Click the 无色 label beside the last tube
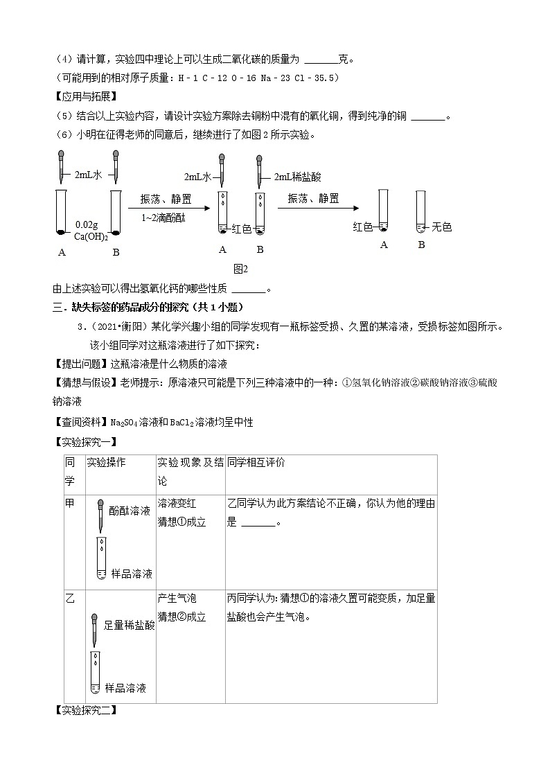point(442,227)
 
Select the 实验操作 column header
point(106,462)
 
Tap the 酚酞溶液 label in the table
point(130,511)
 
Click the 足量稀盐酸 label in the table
point(129,625)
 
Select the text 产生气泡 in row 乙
point(177,598)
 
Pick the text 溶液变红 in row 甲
point(177,504)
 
